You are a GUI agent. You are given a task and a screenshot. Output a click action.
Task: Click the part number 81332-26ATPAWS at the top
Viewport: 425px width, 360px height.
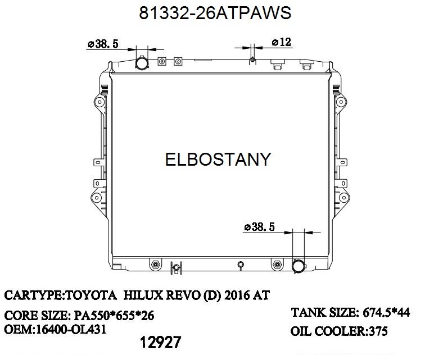pyautogui.click(x=215, y=13)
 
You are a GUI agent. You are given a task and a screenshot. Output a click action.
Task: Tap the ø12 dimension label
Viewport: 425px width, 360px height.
pyautogui.click(x=281, y=42)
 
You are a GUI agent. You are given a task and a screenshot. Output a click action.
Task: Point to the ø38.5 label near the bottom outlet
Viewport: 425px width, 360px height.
pyautogui.click(x=259, y=227)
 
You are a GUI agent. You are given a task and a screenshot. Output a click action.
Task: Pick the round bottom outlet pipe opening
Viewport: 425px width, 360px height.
pyautogui.click(x=299, y=265)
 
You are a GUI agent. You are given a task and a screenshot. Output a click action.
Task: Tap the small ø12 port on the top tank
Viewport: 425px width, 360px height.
pyautogui.click(x=252, y=60)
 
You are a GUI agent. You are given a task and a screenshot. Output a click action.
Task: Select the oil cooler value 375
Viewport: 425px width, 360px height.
pyautogui.click(x=377, y=331)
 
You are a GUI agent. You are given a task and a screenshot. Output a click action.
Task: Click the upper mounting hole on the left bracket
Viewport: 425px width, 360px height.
pyautogui.click(x=99, y=102)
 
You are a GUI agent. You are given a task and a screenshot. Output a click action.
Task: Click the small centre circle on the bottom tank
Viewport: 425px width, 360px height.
pyautogui.click(x=241, y=264)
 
